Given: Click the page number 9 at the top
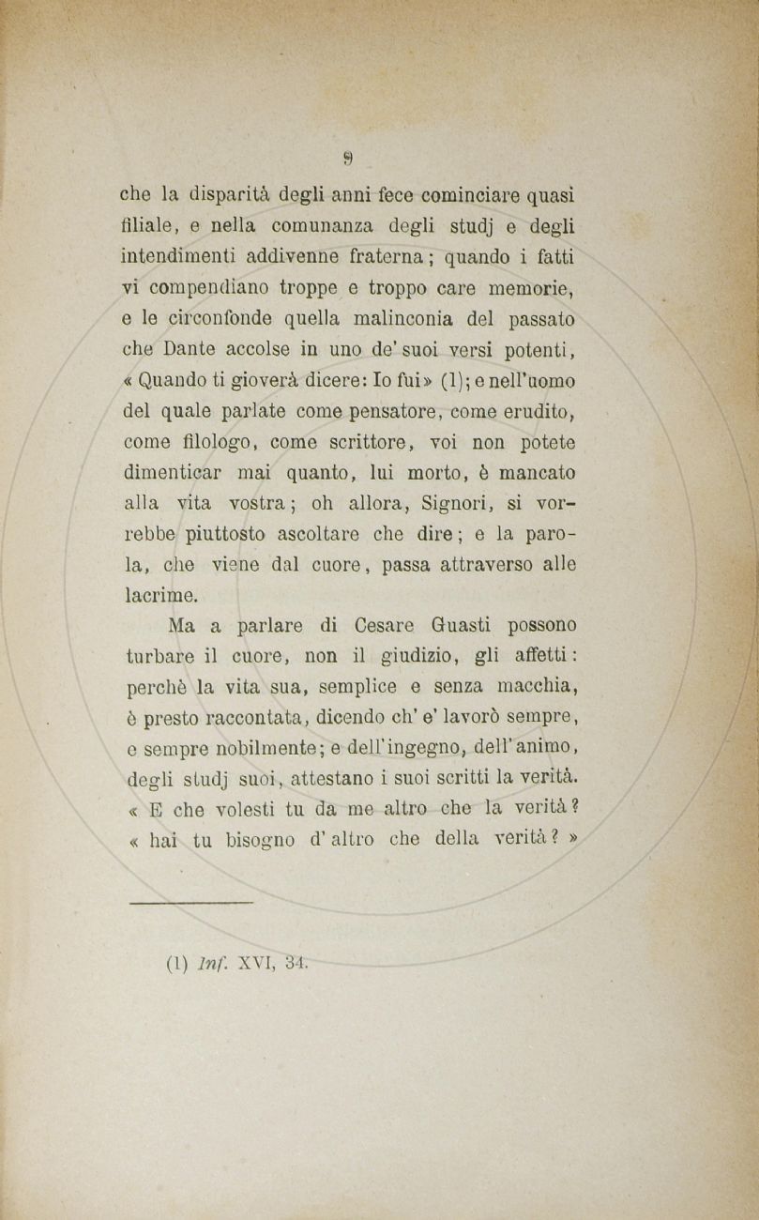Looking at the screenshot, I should pyautogui.click(x=347, y=158).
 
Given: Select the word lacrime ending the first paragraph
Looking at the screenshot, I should pyautogui.click(x=160, y=594).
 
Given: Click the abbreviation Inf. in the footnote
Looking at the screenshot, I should pyautogui.click(x=211, y=962).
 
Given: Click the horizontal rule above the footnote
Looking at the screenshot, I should pyautogui.click(x=190, y=902).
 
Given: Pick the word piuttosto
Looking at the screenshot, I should pyautogui.click(x=225, y=533).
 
